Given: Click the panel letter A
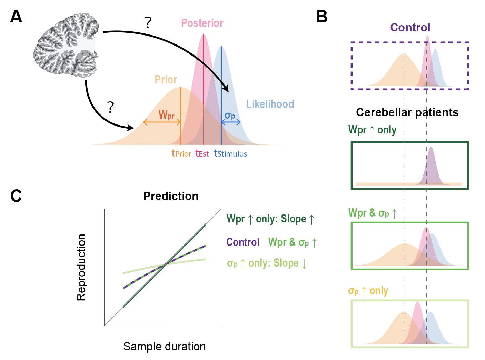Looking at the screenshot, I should pos(16,17).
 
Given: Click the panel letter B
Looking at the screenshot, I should pos(321,17).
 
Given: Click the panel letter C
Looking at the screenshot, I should pos(16,196).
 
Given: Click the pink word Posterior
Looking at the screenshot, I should pos(202,23).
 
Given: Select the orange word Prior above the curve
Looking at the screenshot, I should pos(166,80).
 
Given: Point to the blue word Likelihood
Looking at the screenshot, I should pos(270,104).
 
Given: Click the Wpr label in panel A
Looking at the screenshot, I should pos(166,115).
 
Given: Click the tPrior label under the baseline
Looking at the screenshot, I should pos(181,153).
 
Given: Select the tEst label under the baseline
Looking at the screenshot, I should pos(202,153).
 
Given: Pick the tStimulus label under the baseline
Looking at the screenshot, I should pos(230,153).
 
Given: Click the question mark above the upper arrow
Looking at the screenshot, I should pos(148,23).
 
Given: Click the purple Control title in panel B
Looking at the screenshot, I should pos(410,28).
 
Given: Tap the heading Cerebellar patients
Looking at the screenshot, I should pos(407,112).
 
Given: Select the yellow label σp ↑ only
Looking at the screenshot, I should pos(368,291).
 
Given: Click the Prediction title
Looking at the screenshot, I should pos(171,196).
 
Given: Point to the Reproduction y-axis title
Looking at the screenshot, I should pos(81,268).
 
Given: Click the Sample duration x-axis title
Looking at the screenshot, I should pos(164,347).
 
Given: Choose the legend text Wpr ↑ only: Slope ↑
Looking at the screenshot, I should pos(270,219).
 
